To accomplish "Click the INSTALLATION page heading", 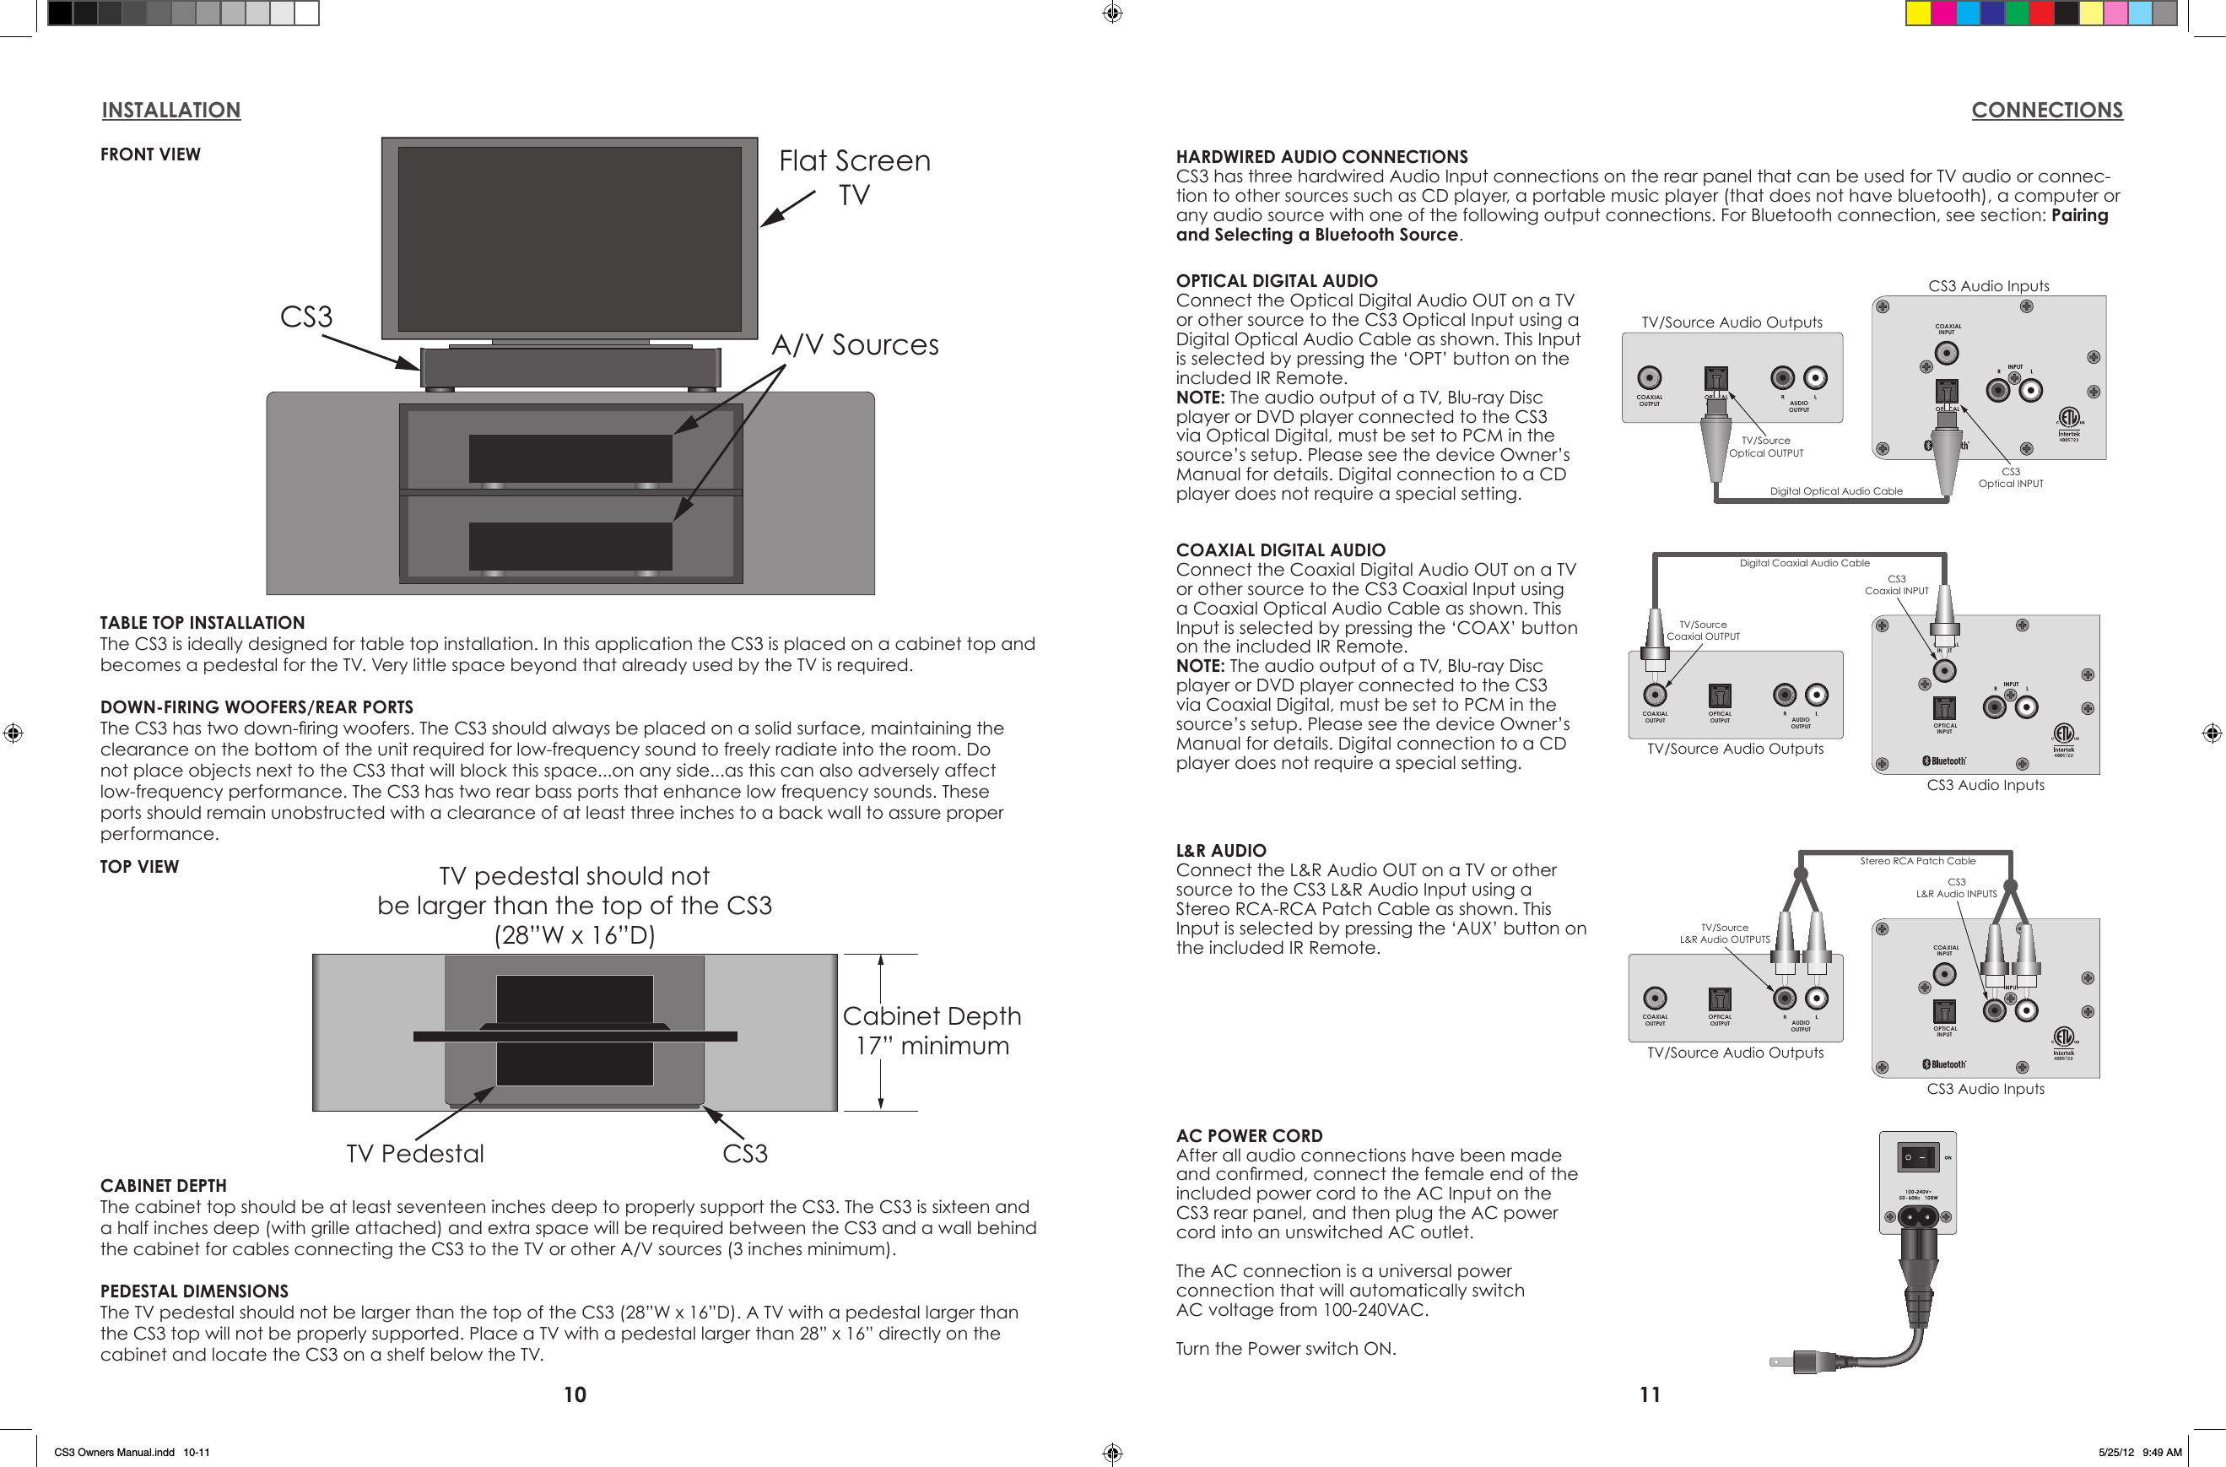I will [x=170, y=111].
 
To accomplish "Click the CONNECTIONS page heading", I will [x=2046, y=111].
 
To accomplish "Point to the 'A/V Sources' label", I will [x=854, y=344].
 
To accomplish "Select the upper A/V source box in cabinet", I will [x=570, y=457].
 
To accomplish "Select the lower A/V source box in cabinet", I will [x=570, y=545].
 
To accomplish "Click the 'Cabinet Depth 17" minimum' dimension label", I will [x=932, y=1030].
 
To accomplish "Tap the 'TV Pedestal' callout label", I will [x=414, y=1154].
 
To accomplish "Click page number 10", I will [x=575, y=1394].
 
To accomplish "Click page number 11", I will [x=1649, y=1394].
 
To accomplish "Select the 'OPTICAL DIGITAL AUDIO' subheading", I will [x=1276, y=281].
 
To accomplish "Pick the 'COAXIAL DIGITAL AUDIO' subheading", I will [x=1279, y=550].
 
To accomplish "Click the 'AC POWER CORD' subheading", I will [x=1249, y=1136].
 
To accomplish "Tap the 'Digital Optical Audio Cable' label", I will [x=1835, y=491].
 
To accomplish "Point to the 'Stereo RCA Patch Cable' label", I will [x=1917, y=861].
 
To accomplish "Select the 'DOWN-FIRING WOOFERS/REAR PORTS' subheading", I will [x=257, y=707].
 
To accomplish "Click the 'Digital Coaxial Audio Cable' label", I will [x=1803, y=563].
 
